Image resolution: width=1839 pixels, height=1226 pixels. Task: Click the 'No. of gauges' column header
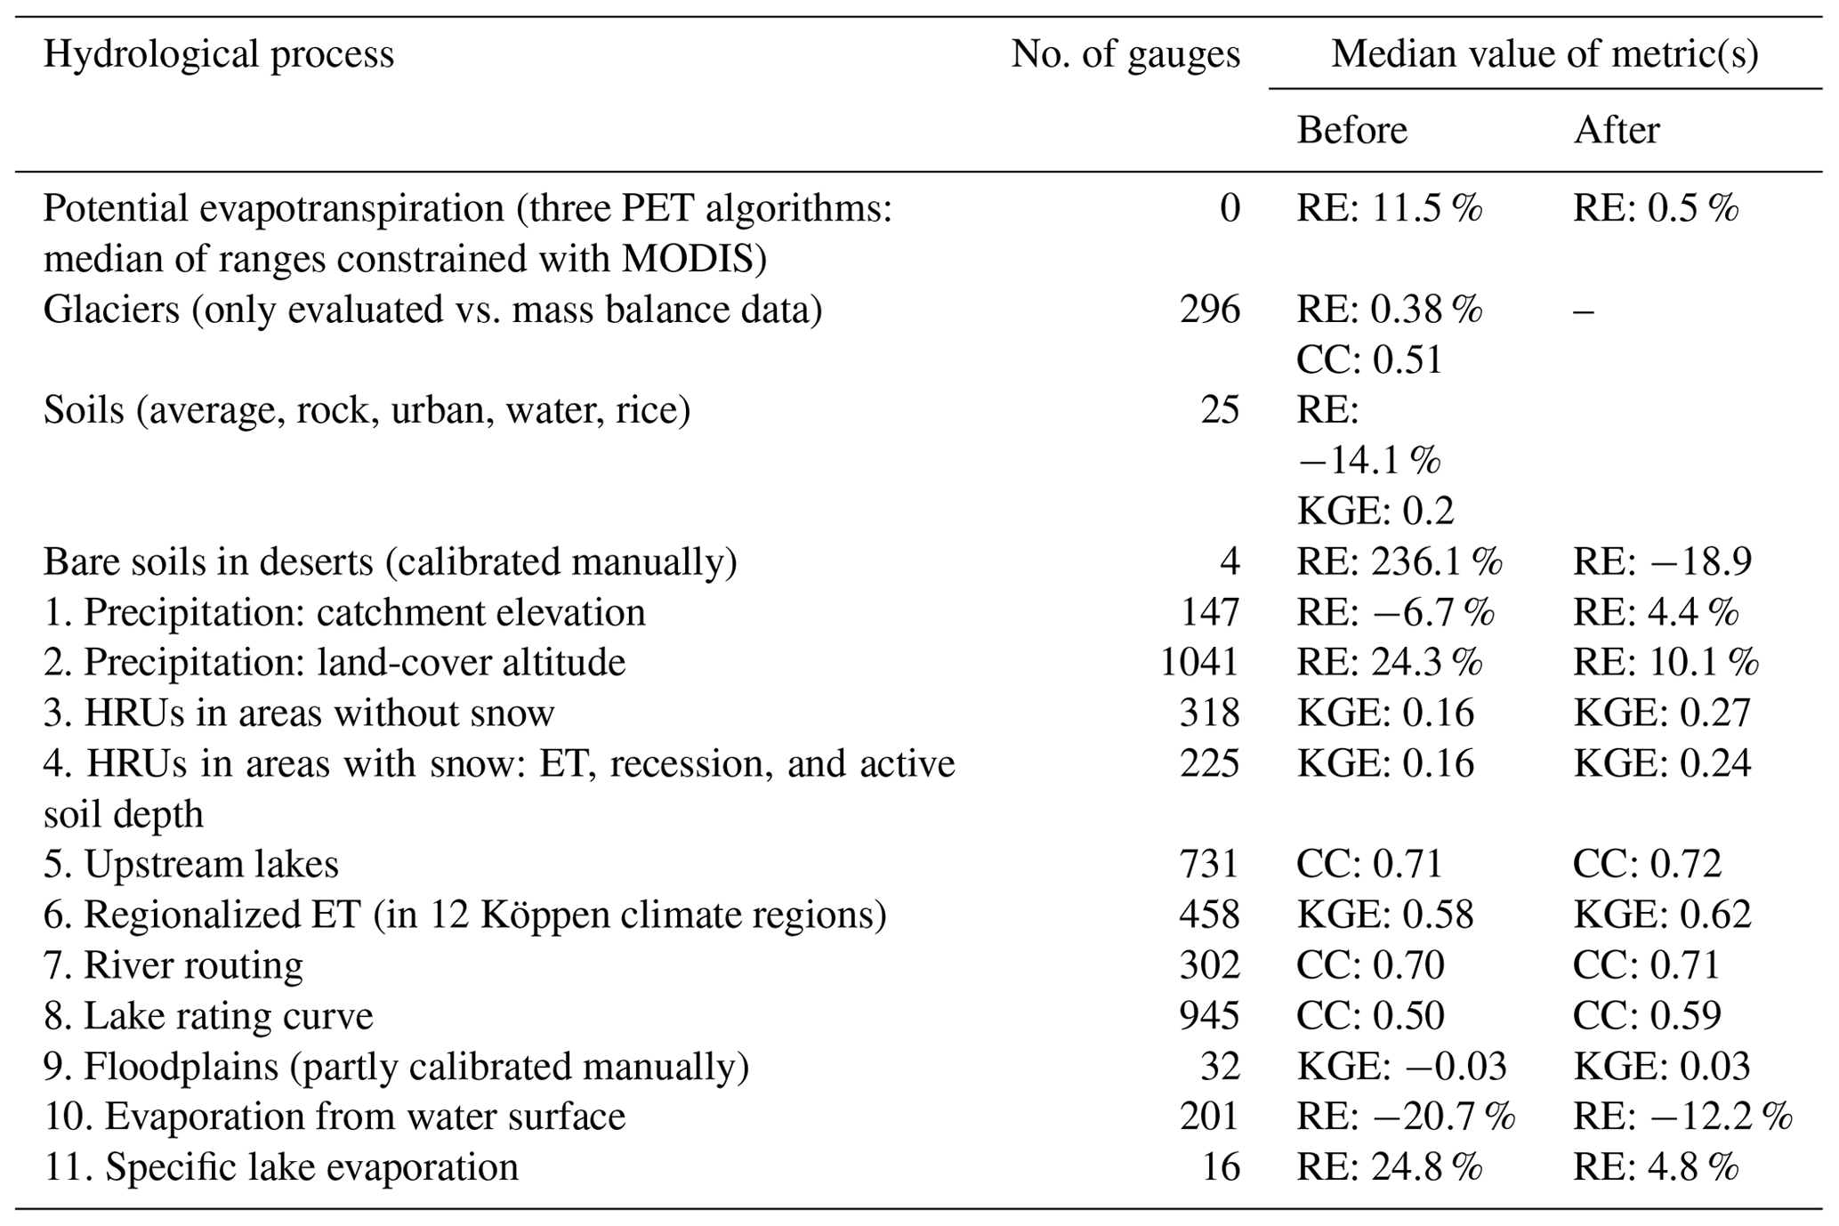tap(1125, 55)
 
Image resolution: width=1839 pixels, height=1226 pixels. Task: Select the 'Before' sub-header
tap(1351, 131)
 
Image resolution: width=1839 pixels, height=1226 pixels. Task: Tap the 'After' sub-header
tap(1616, 131)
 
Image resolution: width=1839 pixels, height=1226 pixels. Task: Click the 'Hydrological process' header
tap(218, 55)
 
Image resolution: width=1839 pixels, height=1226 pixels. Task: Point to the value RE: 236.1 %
tap(1399, 561)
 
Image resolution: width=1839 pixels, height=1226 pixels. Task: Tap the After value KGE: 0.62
tap(1661, 915)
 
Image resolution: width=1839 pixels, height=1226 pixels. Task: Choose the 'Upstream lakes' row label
tap(191, 864)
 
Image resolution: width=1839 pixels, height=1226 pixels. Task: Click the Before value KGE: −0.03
tap(1401, 1066)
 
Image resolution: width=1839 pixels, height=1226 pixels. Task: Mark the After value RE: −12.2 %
tap(1682, 1117)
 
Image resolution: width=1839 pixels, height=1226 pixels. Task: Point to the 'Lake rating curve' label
tap(208, 1016)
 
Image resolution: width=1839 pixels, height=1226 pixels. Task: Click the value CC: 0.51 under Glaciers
tap(1368, 360)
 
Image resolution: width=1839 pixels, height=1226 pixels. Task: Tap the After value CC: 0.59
tap(1646, 1016)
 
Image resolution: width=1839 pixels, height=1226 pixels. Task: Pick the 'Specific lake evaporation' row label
tap(281, 1167)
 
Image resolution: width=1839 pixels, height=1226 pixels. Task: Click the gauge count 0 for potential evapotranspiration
tap(1229, 209)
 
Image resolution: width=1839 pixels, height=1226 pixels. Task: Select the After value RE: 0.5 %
tap(1655, 209)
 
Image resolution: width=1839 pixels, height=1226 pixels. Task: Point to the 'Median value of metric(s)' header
tap(1545, 55)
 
